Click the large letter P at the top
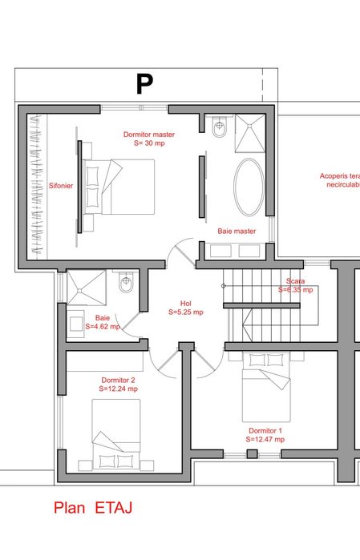coord(144,84)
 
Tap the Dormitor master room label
coord(149,135)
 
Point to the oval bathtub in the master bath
coord(249,185)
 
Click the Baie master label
coord(237,231)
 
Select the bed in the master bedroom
coord(119,187)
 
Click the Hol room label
coord(185,303)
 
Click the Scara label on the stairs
coord(296,281)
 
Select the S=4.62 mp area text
coord(103,326)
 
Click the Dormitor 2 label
coord(118,379)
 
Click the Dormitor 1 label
coord(265,430)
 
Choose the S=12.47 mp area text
coord(265,439)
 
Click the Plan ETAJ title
coord(92,507)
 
